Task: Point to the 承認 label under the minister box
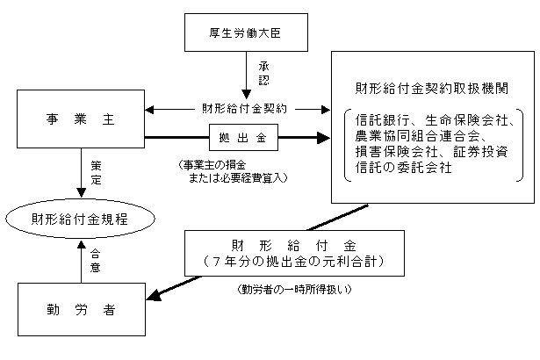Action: [x=263, y=74]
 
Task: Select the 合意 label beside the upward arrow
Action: [x=96, y=262]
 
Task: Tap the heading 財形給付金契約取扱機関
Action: [x=432, y=90]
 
